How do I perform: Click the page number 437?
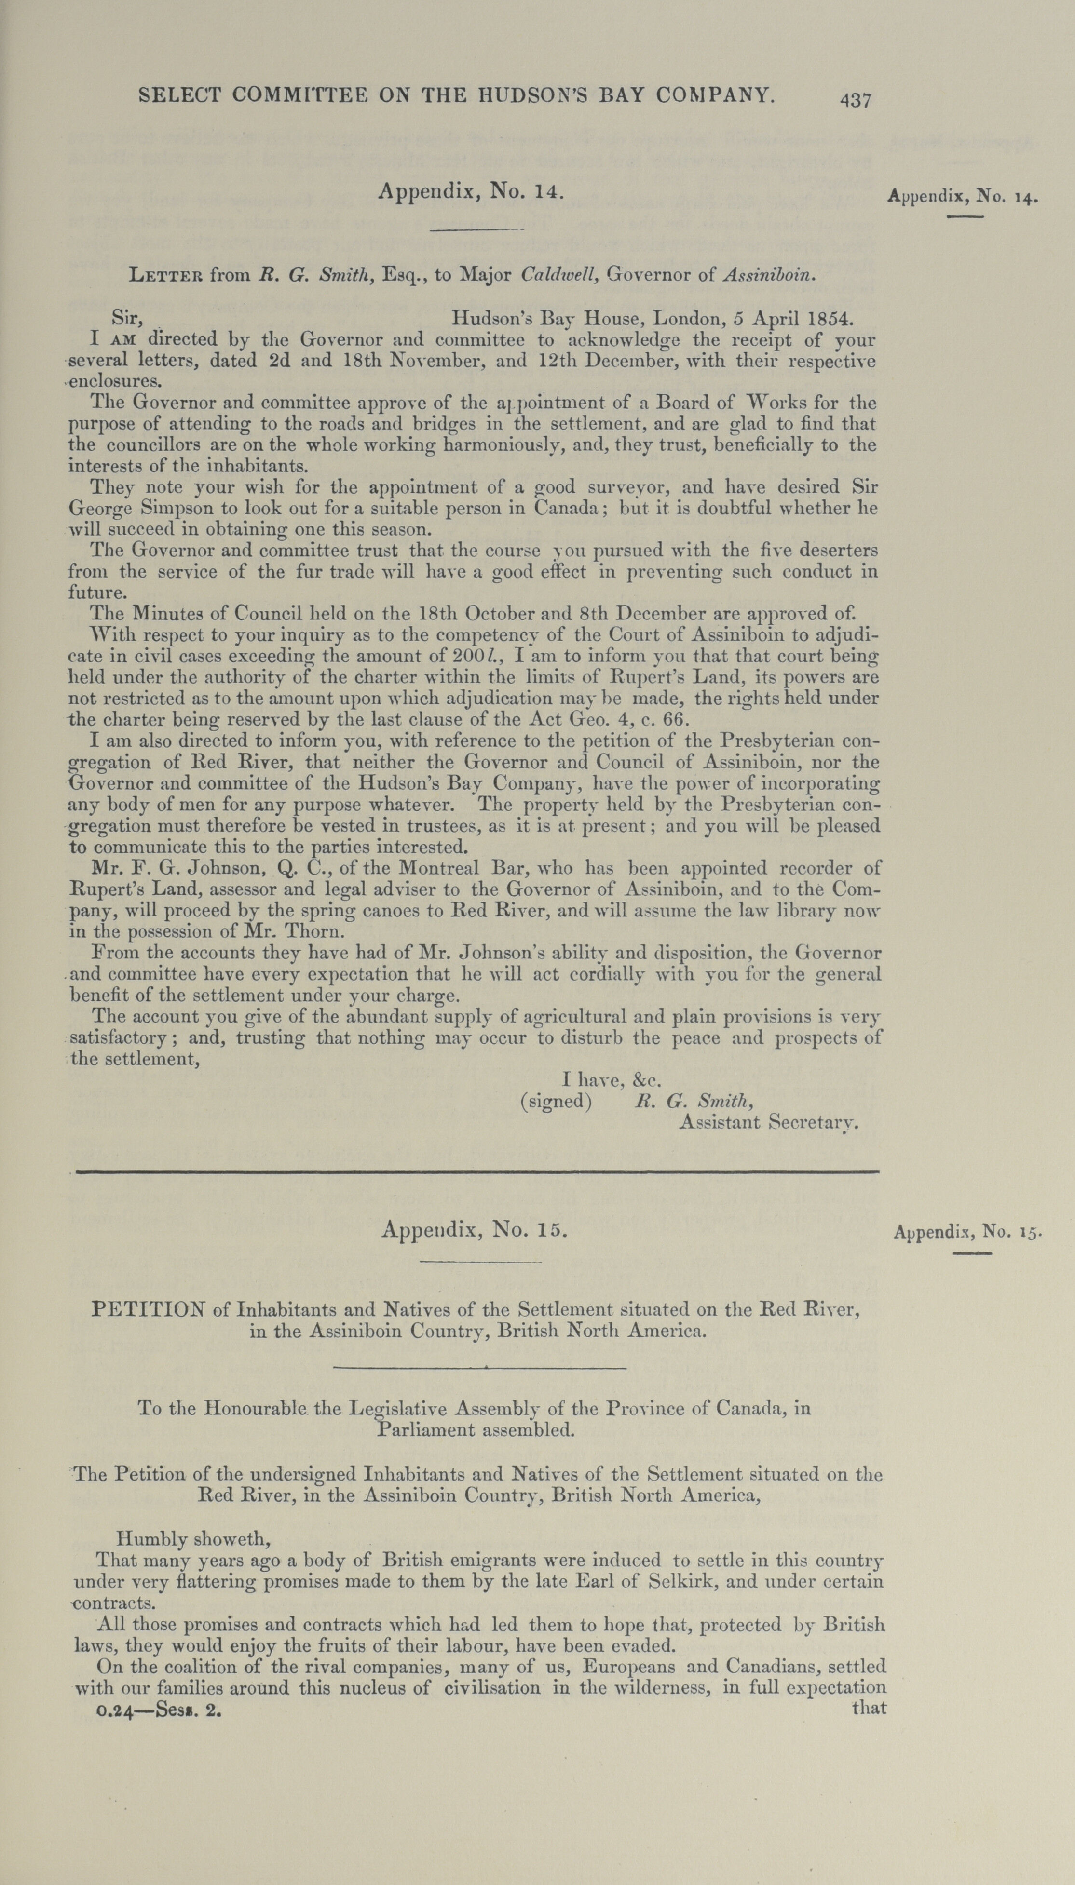click(856, 100)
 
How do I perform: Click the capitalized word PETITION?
click(149, 1310)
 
